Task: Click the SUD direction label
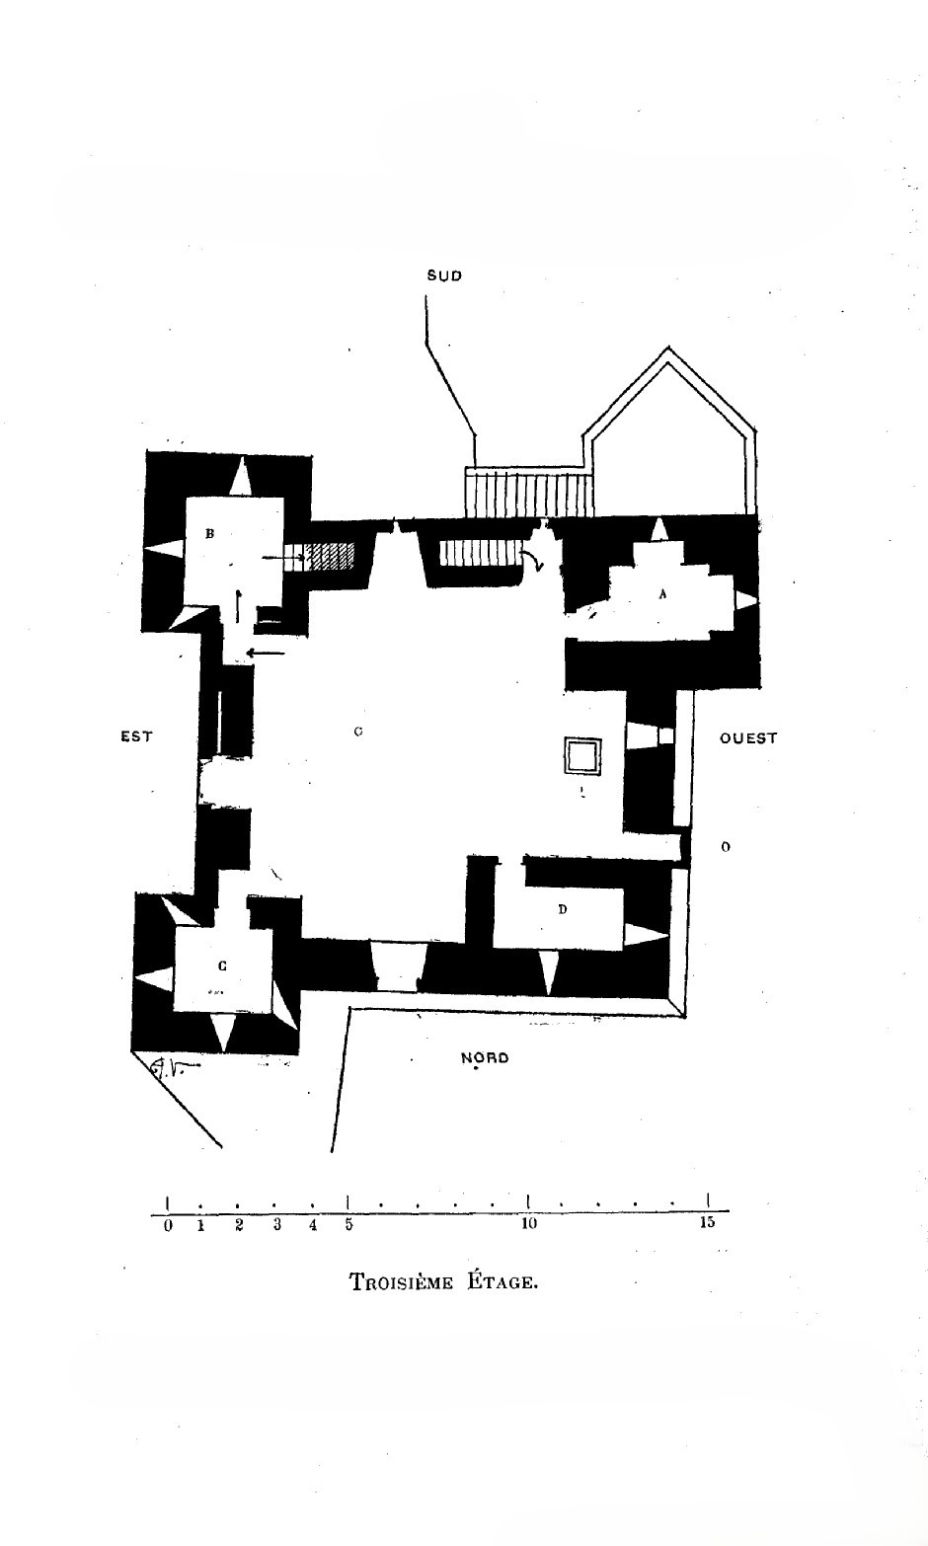coord(444,276)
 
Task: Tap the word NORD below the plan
coord(485,1058)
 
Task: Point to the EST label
coord(136,736)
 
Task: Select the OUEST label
coord(748,738)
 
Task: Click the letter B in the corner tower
coord(209,534)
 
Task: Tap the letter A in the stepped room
coord(662,594)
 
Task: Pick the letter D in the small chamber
coord(563,909)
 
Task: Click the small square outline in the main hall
coord(582,755)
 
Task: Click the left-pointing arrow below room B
coord(265,653)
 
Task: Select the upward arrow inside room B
coord(238,604)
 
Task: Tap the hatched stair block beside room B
coord(329,556)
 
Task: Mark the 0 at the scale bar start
coord(168,1226)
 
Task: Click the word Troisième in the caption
coord(401,1283)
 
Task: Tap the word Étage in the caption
coord(500,1282)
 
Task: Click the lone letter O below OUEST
coord(726,847)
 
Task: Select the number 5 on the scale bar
coord(348,1225)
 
